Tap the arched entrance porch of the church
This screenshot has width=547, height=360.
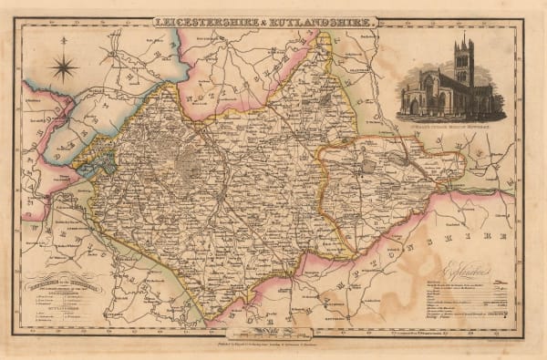(415, 106)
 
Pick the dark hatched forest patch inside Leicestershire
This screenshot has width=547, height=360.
(192, 165)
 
